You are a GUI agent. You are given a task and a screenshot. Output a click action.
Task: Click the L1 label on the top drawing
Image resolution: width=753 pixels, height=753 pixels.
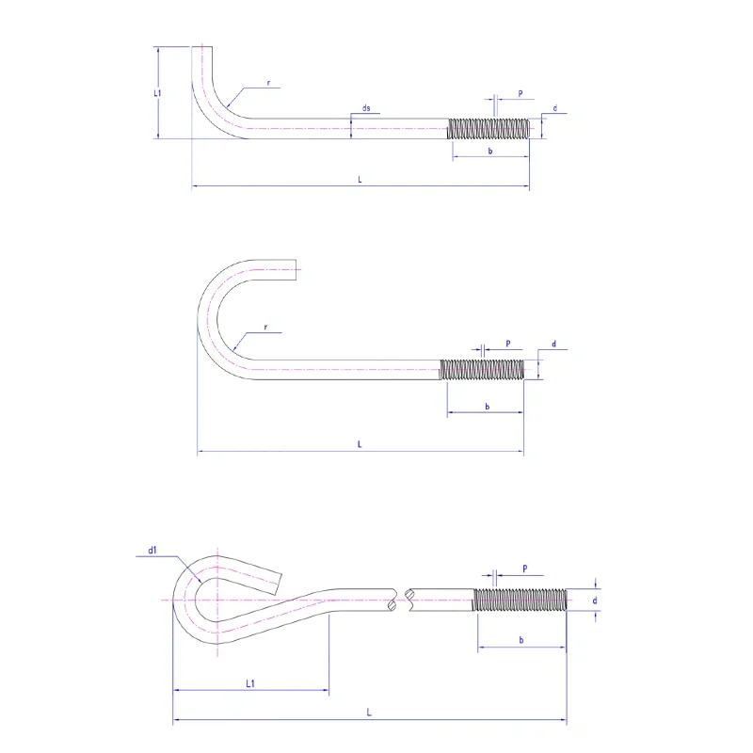click(159, 93)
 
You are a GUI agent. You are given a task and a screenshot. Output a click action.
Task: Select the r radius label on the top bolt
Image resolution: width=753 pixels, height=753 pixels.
click(268, 84)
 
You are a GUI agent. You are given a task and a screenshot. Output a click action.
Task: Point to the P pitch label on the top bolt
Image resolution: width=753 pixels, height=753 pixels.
click(520, 95)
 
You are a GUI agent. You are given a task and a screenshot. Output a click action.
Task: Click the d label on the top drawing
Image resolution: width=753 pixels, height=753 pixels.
click(555, 110)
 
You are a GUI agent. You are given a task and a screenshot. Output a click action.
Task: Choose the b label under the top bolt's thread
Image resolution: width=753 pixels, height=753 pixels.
click(490, 152)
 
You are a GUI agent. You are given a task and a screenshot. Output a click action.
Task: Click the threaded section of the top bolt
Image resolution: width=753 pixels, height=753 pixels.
click(489, 128)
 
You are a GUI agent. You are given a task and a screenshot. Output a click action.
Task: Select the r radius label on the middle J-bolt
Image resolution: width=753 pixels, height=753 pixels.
click(266, 328)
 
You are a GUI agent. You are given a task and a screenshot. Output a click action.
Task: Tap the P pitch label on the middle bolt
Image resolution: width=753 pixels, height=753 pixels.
click(508, 344)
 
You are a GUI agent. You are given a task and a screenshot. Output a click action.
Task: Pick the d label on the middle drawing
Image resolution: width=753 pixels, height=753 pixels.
click(553, 345)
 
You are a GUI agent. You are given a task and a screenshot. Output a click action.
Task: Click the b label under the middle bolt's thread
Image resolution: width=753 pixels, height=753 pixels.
click(487, 407)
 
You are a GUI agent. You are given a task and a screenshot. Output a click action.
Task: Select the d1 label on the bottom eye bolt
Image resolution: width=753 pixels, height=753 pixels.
click(152, 551)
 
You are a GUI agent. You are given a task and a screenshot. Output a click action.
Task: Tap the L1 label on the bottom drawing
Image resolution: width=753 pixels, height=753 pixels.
click(251, 684)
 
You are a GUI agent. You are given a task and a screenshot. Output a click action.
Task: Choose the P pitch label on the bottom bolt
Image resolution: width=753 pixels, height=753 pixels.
click(523, 568)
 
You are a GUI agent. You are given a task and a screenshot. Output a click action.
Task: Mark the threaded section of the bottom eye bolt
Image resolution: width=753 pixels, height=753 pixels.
click(521, 600)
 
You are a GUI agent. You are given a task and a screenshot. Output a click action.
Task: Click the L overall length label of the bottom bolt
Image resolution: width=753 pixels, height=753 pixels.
click(369, 714)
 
